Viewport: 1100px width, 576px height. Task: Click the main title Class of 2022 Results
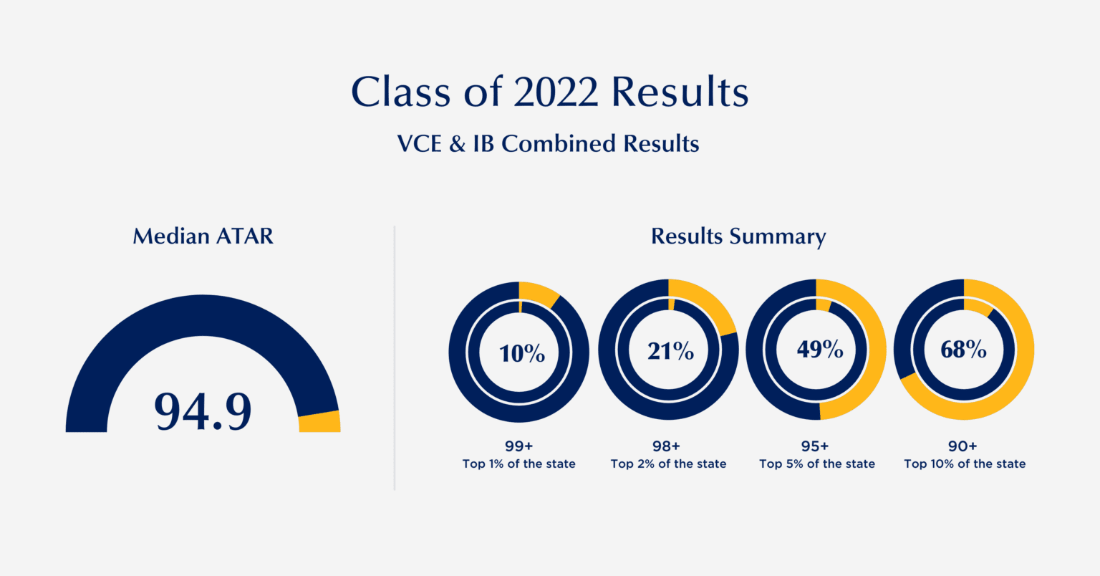[x=550, y=92]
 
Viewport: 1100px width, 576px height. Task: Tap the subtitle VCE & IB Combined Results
[x=548, y=144]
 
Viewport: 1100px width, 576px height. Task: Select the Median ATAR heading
[x=203, y=236]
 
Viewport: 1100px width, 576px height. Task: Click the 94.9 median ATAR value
[x=203, y=411]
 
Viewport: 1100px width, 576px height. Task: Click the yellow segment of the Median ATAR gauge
[x=319, y=422]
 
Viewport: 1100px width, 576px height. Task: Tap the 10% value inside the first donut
[x=522, y=353]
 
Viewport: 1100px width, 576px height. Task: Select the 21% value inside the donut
[x=670, y=351]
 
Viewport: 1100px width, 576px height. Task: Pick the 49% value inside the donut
[x=819, y=349]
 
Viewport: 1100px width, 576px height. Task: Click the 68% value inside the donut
[x=963, y=350]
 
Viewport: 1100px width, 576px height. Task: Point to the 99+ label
[x=519, y=446]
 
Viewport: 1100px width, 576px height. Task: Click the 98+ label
[x=667, y=446]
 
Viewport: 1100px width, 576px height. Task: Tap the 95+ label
[x=815, y=446]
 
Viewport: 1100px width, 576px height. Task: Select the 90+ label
[x=962, y=446]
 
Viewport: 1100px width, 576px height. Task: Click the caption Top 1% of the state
[x=519, y=464]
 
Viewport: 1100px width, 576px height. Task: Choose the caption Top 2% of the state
[x=668, y=464]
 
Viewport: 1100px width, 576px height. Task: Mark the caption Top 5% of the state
[x=817, y=464]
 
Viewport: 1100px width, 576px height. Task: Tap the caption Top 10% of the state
[x=965, y=464]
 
